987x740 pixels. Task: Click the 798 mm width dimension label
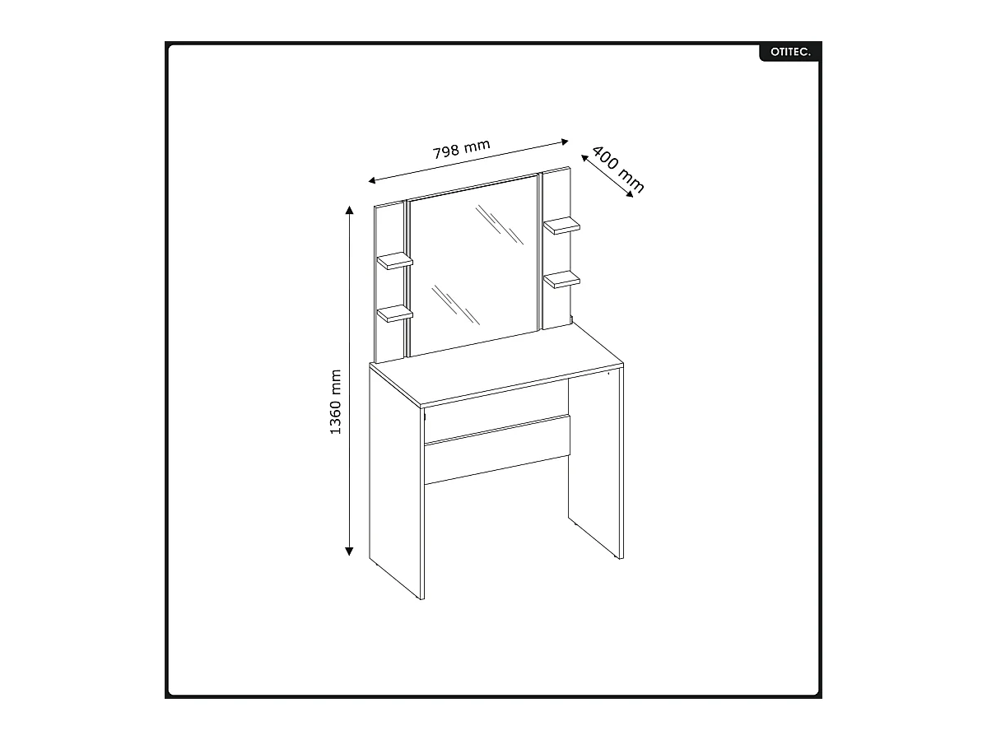click(461, 149)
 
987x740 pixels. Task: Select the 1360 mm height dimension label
click(336, 402)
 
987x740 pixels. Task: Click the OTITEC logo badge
click(789, 52)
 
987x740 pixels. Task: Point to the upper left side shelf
click(395, 261)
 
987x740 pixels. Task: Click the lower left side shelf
click(395, 313)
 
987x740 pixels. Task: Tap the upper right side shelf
click(562, 225)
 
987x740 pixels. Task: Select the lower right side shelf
click(562, 280)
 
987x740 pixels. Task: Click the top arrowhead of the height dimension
click(350, 210)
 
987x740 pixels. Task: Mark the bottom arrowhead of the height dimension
click(350, 552)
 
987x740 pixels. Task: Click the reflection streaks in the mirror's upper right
click(500, 224)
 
